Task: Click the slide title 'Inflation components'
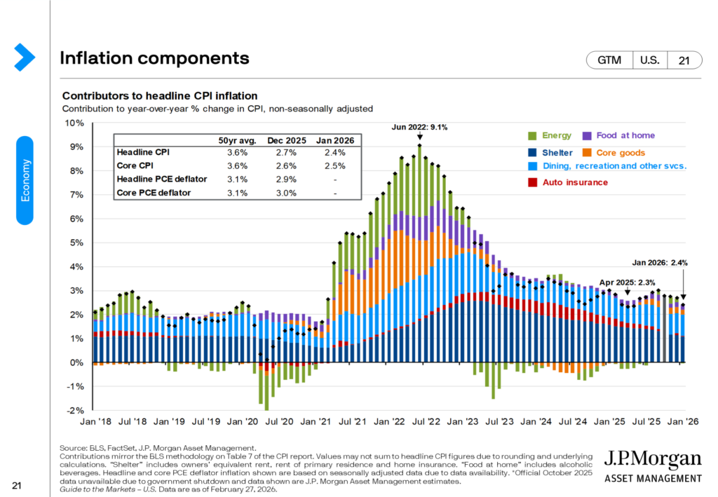[154, 58]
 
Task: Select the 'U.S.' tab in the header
[649, 61]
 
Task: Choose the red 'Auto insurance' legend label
[576, 182]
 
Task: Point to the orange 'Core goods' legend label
[621, 152]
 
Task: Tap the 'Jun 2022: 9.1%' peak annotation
[419, 128]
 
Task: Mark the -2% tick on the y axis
[75, 410]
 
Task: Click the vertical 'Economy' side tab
[25, 180]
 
